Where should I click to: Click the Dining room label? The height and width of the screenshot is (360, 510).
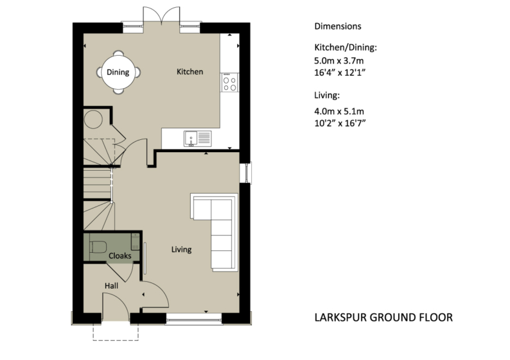click(x=118, y=73)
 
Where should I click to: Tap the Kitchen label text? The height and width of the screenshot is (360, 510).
click(x=189, y=72)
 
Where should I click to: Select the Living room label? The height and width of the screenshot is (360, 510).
click(x=181, y=249)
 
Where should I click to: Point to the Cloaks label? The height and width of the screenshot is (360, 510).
click(x=119, y=255)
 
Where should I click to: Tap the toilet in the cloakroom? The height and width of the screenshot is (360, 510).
click(x=98, y=246)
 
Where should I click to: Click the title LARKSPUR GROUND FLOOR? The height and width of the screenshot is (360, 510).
click(x=383, y=317)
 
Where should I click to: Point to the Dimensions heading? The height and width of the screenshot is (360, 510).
click(x=337, y=26)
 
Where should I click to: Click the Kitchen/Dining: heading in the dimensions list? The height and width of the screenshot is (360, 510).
click(x=345, y=48)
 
